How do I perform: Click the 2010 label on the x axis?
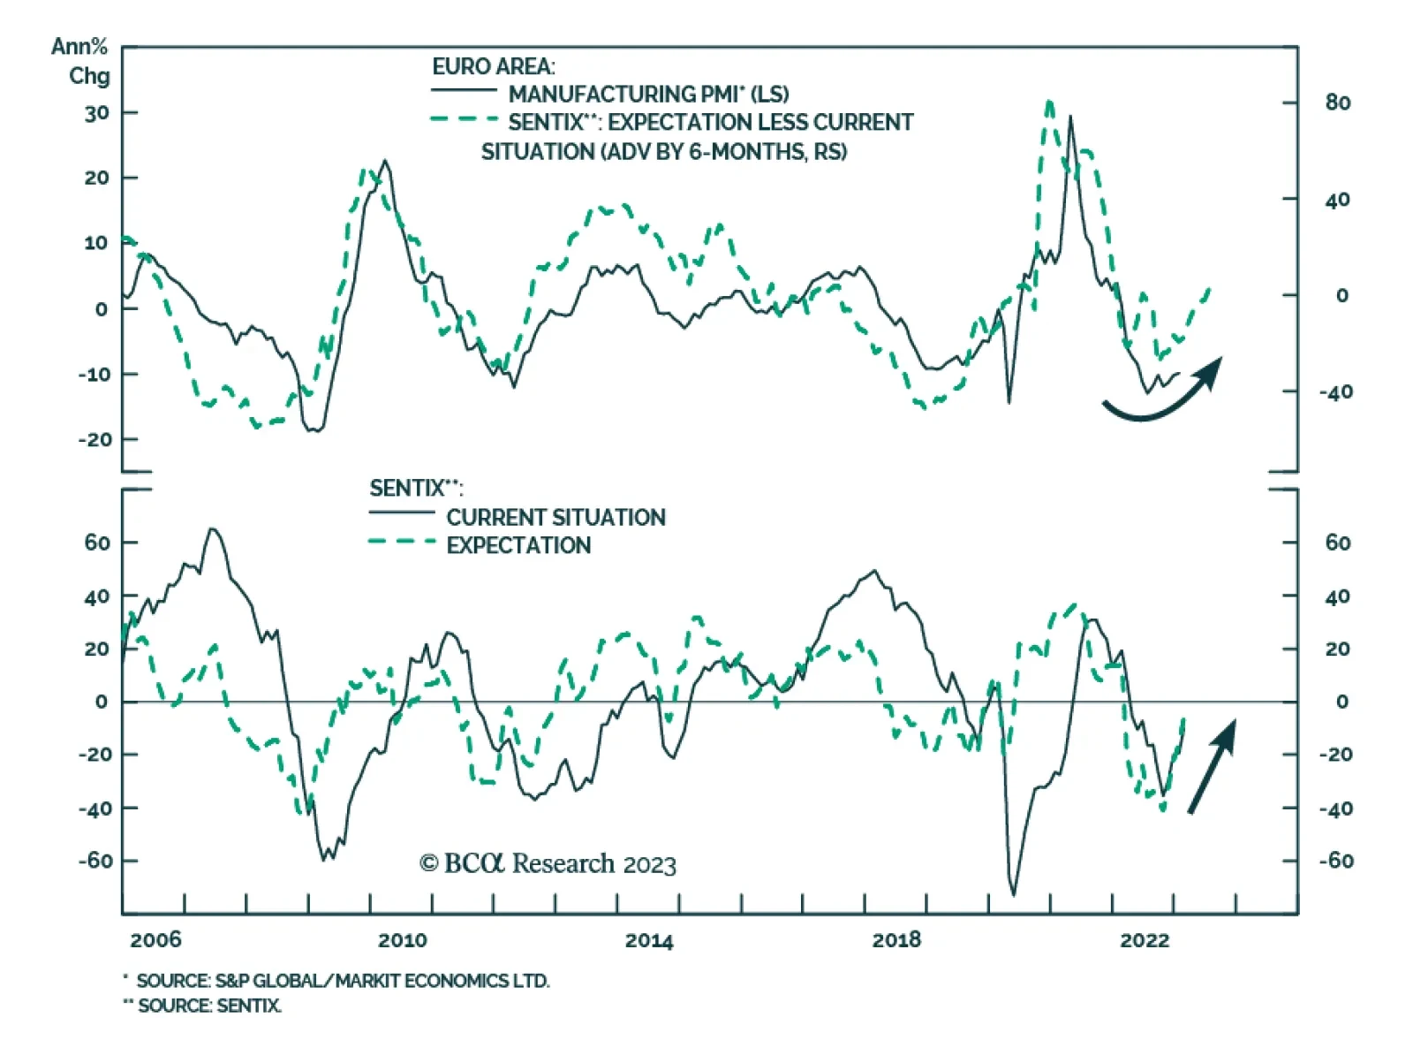point(402,940)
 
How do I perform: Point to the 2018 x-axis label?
point(896,940)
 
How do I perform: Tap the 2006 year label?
point(155,940)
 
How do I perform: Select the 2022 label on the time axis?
point(1145,940)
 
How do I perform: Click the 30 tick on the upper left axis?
point(97,113)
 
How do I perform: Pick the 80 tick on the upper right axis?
point(1337,103)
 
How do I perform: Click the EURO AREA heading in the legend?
point(493,66)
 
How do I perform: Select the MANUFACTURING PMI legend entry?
point(648,94)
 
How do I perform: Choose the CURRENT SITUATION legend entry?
point(555,517)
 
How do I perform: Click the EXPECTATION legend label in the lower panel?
point(518,545)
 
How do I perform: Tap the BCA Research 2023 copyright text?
point(548,863)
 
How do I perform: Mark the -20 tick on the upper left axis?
point(95,439)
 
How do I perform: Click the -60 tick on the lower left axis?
point(95,860)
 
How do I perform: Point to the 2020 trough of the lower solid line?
point(1013,892)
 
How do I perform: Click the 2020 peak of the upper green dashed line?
point(1049,104)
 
